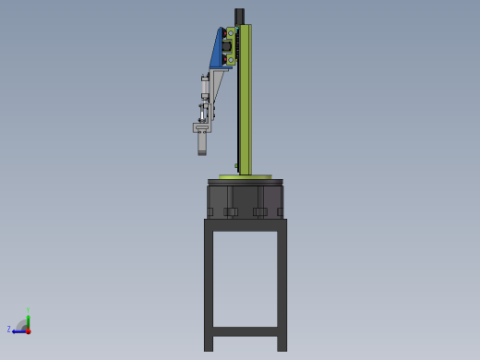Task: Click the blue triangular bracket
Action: [x=217, y=54]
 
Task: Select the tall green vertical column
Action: [x=246, y=102]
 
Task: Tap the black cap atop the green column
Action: [x=239, y=16]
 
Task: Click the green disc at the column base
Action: [x=245, y=176]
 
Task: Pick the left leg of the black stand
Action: [x=209, y=286]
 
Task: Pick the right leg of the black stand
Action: [x=282, y=286]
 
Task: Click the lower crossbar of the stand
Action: [x=245, y=330]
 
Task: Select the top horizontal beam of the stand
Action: [x=245, y=224]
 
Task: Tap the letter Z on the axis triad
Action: [x=9, y=329]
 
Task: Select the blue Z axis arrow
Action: [x=18, y=330]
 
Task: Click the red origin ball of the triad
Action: [x=28, y=330]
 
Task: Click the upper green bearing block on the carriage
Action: [x=230, y=33]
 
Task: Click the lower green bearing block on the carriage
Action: [x=230, y=59]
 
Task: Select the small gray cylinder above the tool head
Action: [x=205, y=87]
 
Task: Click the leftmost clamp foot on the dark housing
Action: [x=210, y=212]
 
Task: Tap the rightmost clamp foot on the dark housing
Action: [x=280, y=212]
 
